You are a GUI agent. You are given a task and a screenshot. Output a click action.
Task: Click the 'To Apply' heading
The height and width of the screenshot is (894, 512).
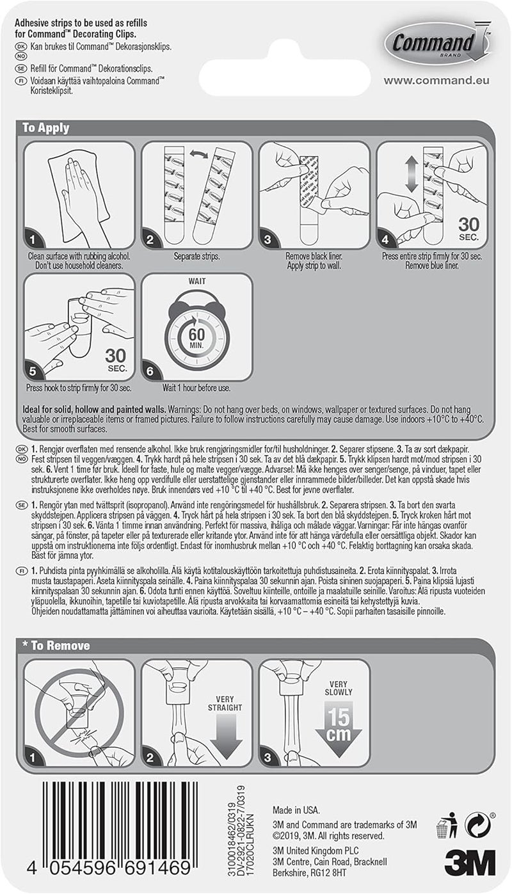point(46,127)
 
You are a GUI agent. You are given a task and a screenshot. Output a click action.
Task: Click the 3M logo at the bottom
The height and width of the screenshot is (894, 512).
point(469,863)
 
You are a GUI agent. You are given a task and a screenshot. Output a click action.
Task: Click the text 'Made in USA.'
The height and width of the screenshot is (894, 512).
point(296,809)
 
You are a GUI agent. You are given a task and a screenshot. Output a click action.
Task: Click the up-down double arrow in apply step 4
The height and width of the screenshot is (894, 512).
point(412,177)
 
